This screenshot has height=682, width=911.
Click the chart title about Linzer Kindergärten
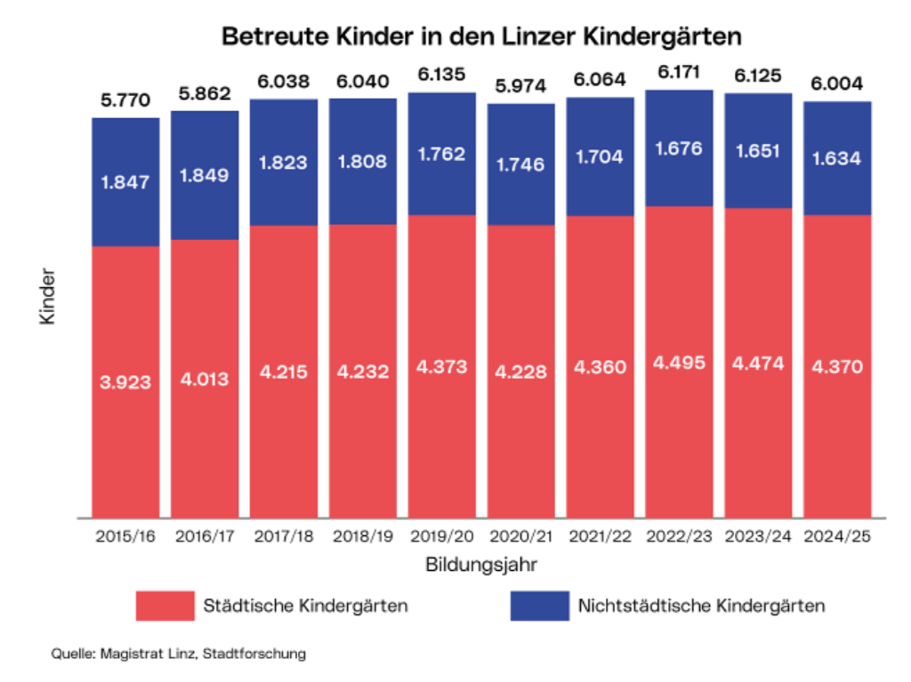(x=481, y=38)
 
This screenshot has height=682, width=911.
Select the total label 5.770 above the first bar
(x=125, y=100)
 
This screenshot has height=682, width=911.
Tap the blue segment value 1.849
(x=204, y=175)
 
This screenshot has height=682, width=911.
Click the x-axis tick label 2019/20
(x=441, y=536)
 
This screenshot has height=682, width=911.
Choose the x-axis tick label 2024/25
(x=837, y=536)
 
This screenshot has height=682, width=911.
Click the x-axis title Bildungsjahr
(x=480, y=565)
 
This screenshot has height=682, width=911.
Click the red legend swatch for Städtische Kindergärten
(x=165, y=606)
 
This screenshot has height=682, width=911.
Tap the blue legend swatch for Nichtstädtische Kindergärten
(x=539, y=606)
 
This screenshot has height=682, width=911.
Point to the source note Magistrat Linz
(x=178, y=654)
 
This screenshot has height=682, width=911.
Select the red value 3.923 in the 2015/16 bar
(x=125, y=383)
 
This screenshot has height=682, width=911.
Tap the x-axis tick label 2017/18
(x=283, y=536)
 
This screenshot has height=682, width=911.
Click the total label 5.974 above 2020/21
(x=520, y=85)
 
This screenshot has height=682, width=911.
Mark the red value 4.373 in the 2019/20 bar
(x=441, y=366)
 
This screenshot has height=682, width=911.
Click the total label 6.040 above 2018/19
(x=362, y=82)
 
